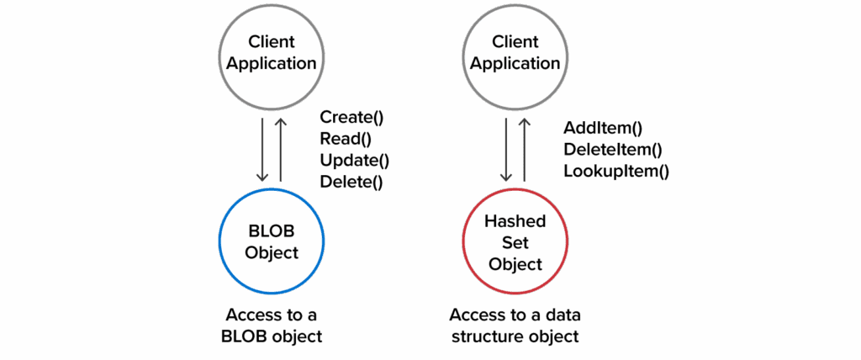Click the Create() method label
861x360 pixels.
(x=352, y=117)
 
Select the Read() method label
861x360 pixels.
(x=346, y=139)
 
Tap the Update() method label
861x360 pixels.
(x=354, y=161)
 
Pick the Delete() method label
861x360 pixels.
(x=351, y=182)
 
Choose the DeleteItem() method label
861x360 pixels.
(x=612, y=150)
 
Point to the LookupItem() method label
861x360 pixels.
(x=616, y=172)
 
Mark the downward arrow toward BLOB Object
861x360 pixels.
(x=262, y=149)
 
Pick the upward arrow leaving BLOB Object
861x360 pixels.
(x=281, y=149)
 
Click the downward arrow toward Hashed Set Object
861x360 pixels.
(x=505, y=149)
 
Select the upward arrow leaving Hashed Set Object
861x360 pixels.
(x=524, y=149)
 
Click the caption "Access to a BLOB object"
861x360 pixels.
(x=272, y=326)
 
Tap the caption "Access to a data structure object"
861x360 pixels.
(x=515, y=326)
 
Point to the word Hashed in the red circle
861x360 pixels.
(x=515, y=221)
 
